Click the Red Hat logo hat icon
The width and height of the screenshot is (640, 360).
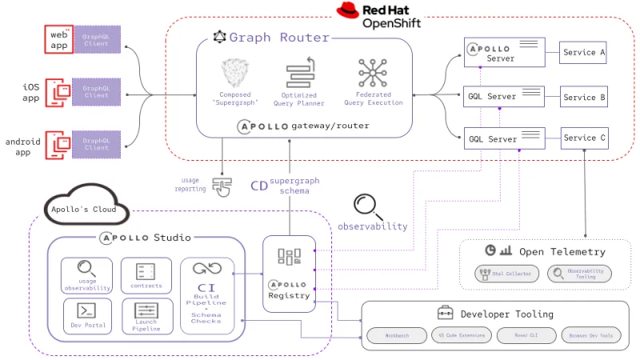346,11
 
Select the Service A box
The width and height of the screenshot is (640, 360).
584,53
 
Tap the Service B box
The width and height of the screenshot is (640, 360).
584,98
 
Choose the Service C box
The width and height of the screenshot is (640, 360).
584,138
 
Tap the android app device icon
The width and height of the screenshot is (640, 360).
58,144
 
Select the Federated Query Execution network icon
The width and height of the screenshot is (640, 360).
373,74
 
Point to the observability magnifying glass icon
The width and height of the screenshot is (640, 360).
368,206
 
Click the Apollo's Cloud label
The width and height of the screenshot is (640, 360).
83,210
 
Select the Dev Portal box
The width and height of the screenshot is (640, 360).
87,314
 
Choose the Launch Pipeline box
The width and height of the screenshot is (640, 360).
146,314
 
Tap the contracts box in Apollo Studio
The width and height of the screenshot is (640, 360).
146,274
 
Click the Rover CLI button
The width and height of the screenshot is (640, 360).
525,335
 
